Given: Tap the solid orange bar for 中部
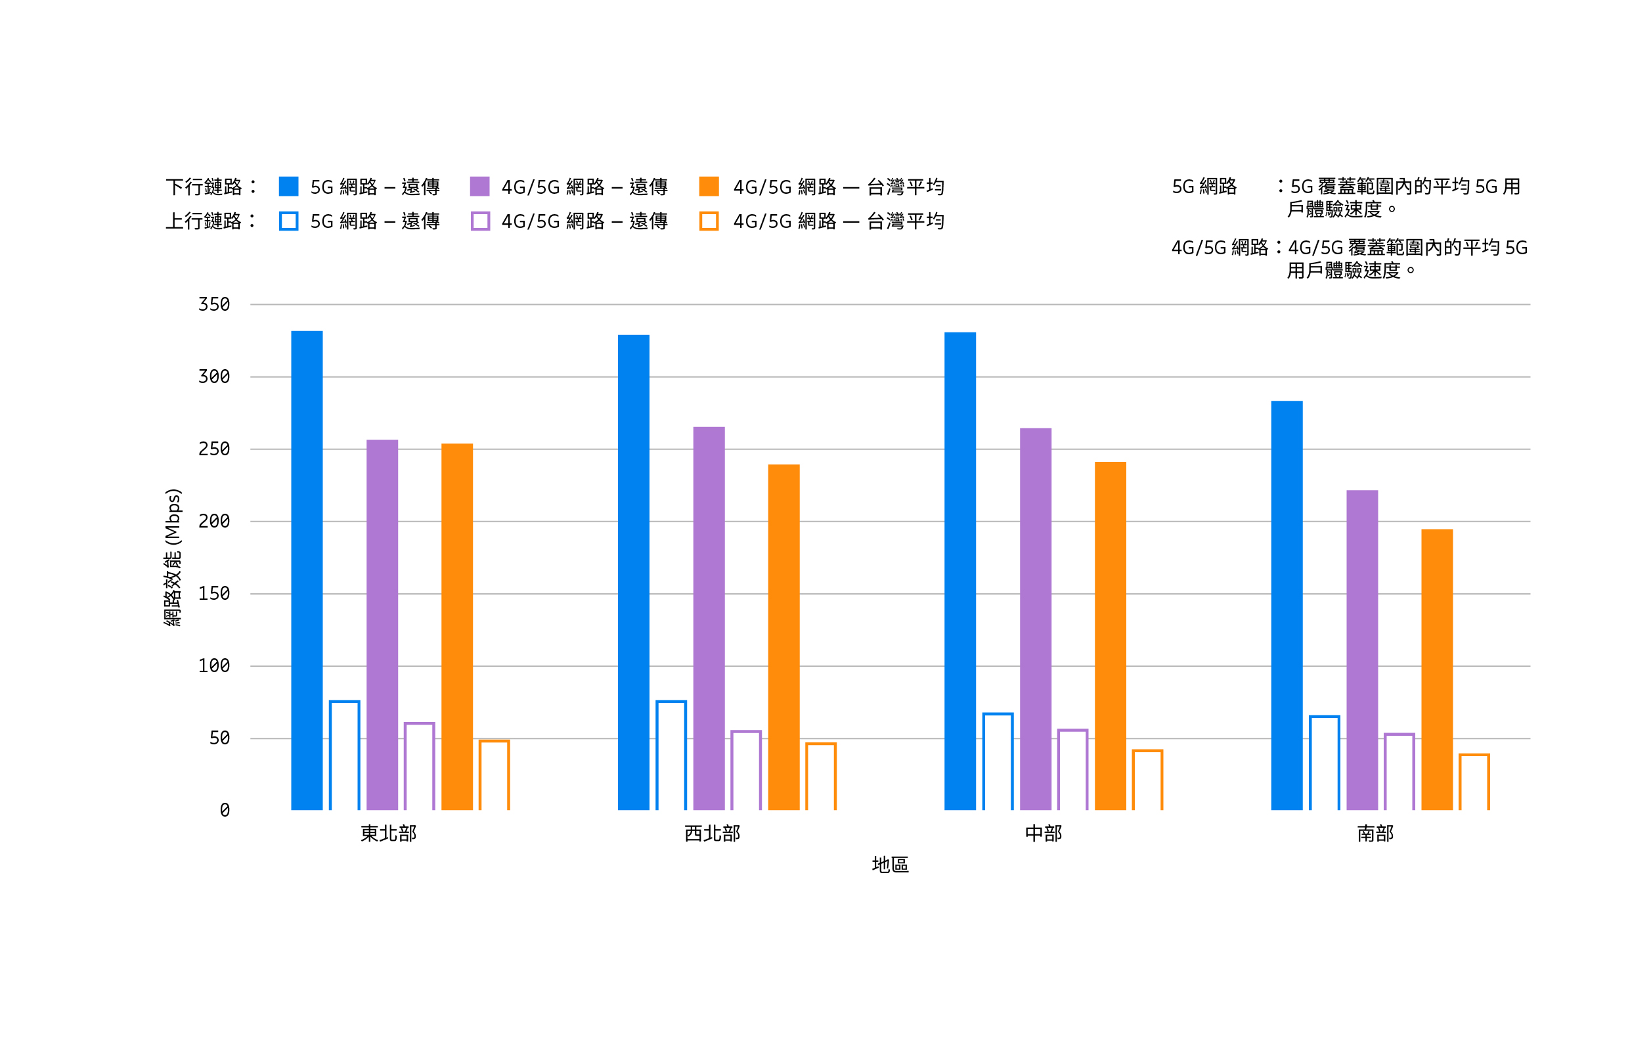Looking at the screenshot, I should (x=1110, y=636).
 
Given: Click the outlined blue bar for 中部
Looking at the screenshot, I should (x=998, y=761).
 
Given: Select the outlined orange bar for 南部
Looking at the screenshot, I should (x=1474, y=782).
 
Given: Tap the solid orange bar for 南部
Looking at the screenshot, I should (x=1437, y=669).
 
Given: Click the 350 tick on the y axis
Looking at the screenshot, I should (x=214, y=305).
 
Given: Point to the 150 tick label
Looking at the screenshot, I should (x=214, y=594).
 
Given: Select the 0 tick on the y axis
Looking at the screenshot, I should (x=225, y=811).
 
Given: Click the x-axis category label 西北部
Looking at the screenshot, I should (x=712, y=834).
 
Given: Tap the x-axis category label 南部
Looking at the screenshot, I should (x=1375, y=834).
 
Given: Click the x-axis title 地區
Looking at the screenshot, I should (x=890, y=865).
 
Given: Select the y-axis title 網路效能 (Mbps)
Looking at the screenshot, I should (x=173, y=557).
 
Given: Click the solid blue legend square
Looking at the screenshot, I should (x=288, y=186).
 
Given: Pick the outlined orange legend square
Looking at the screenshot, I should (x=709, y=221).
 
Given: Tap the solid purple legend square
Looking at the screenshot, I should (x=479, y=186).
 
